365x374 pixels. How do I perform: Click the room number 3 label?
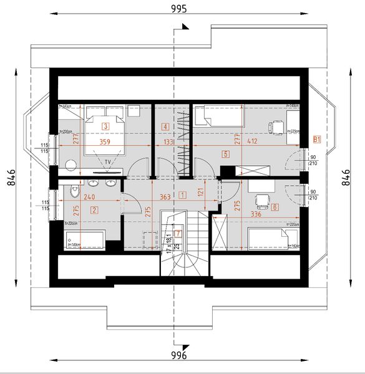point(106,127)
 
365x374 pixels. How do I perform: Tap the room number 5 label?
point(225,153)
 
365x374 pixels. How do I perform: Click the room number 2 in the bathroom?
point(94,209)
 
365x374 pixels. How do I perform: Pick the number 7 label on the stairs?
point(178,234)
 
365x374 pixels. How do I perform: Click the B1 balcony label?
point(317,138)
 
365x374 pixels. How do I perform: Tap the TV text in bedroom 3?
point(108,161)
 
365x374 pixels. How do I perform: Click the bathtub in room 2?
point(84,239)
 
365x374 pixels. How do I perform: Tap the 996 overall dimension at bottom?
point(179,355)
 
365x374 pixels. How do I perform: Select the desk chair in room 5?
point(275,128)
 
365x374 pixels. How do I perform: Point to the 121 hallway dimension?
point(201,194)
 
